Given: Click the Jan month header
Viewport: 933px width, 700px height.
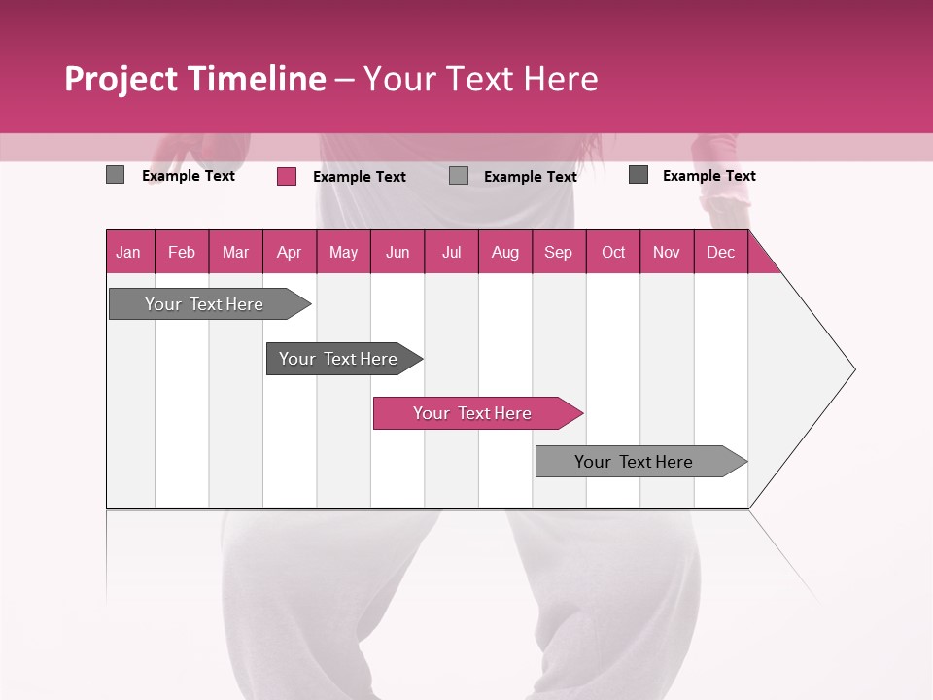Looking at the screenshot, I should [x=129, y=252].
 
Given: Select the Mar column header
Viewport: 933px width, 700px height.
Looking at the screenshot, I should [x=235, y=252].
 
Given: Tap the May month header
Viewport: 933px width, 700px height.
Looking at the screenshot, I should [x=343, y=252].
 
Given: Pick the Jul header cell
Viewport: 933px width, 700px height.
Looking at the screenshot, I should [x=451, y=252].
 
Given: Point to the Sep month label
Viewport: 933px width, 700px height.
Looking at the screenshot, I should [x=558, y=252].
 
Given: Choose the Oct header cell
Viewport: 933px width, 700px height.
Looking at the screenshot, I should [x=613, y=252].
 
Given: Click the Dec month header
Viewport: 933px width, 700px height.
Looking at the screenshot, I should [x=720, y=252].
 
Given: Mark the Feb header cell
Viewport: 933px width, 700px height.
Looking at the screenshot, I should [x=182, y=252].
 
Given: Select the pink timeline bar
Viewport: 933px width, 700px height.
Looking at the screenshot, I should [x=472, y=413].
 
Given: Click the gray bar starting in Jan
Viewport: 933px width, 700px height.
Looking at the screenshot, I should [x=204, y=304].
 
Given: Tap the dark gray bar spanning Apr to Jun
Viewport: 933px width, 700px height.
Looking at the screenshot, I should [x=338, y=359].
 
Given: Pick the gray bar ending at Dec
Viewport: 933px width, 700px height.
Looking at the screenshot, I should [x=634, y=462].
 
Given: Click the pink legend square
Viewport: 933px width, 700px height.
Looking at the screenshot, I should [x=287, y=176].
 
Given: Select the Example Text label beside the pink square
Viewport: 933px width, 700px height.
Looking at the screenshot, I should [x=360, y=176].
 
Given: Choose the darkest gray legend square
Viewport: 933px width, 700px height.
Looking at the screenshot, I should [x=639, y=175].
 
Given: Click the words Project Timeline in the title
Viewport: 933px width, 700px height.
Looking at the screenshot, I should [x=194, y=79].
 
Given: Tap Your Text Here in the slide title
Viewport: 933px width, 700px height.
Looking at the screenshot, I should [x=481, y=79].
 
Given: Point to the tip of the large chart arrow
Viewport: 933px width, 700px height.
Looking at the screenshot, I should [x=852, y=369].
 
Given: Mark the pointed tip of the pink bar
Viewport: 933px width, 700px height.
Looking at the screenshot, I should [x=580, y=413].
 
